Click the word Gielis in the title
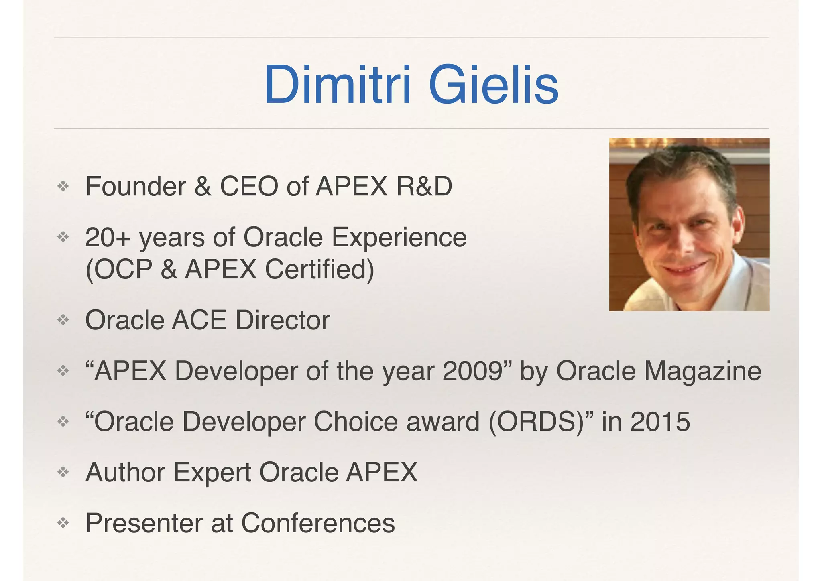tap(493, 85)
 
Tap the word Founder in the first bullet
tap(136, 187)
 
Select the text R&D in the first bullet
tap(424, 187)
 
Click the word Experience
tap(399, 238)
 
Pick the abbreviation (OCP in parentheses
tap(119, 269)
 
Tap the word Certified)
tap(319, 269)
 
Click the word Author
tap(125, 472)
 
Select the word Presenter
tap(144, 523)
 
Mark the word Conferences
tap(318, 523)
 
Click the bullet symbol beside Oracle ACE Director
tap(63, 320)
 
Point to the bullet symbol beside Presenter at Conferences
tap(63, 523)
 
